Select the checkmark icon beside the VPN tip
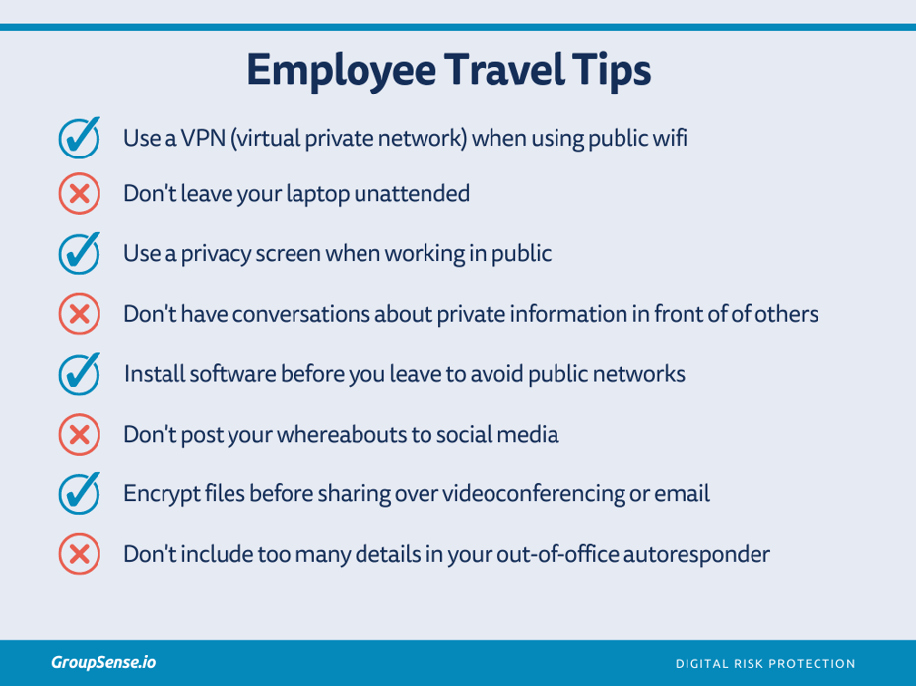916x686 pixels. point(80,138)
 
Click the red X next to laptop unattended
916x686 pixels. point(80,194)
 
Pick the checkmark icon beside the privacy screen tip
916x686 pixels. point(80,253)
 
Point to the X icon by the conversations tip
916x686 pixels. point(80,315)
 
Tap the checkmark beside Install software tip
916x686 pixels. point(80,374)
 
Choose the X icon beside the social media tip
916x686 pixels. point(80,434)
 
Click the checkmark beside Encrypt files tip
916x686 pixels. point(80,493)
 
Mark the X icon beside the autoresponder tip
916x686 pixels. point(80,554)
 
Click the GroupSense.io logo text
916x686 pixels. point(103,662)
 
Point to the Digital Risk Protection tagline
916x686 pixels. point(765,663)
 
